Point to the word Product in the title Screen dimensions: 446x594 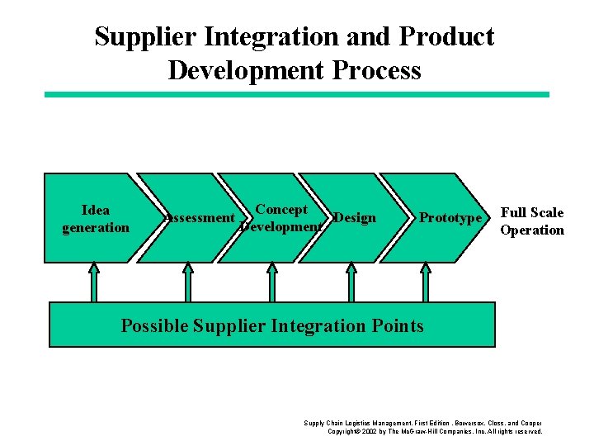coord(447,37)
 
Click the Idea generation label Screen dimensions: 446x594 coord(96,218)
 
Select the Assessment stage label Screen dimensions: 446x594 coord(199,218)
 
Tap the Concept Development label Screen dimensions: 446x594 coord(280,218)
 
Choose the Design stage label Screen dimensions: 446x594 coord(355,218)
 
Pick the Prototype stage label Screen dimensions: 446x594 coord(450,218)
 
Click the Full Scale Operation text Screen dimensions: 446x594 coord(532,221)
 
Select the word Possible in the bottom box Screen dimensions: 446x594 coord(154,325)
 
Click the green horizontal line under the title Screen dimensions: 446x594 coord(296,94)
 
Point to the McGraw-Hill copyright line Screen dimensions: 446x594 coord(435,431)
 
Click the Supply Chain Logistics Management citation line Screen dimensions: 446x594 coord(422,423)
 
